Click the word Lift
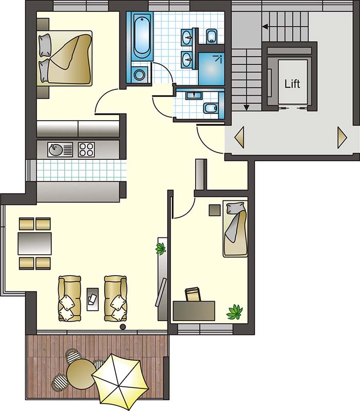pos(292,84)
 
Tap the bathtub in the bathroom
pos(142,36)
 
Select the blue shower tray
pos(211,69)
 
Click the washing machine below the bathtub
pos(139,75)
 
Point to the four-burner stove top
pos(86,150)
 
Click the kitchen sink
pos(60,150)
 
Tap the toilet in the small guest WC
pos(211,108)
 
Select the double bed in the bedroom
pos(65,58)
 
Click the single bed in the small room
pos(235,229)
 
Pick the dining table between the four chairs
pos(34,244)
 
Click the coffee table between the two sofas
pos(93,300)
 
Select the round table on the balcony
pos(81,373)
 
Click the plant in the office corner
pos(235,312)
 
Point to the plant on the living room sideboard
pos(160,249)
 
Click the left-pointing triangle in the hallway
pos(239,137)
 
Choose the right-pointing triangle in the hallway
pos(342,138)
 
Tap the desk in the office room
pos(194,311)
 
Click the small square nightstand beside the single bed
pos(215,210)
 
